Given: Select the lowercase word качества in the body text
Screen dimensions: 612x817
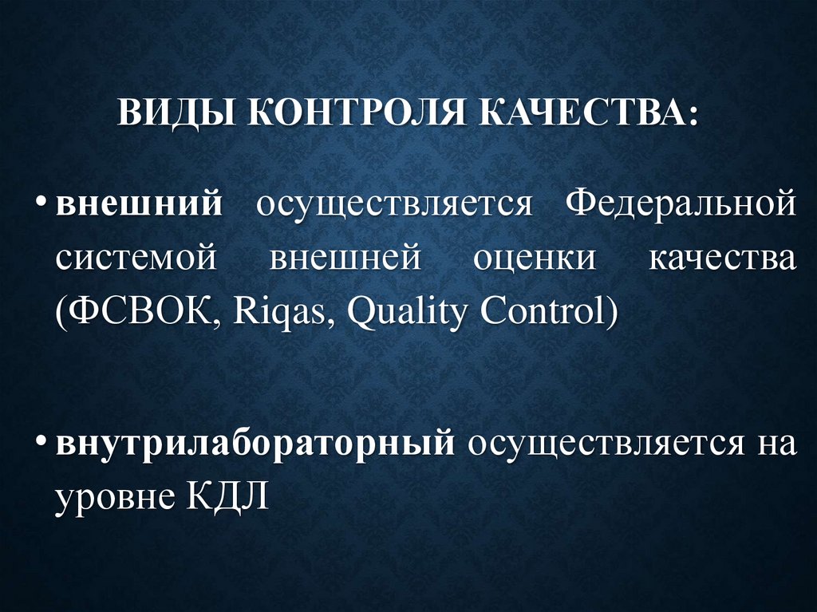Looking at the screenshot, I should coord(723,259).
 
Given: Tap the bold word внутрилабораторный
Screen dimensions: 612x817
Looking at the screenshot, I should coord(255,443).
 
